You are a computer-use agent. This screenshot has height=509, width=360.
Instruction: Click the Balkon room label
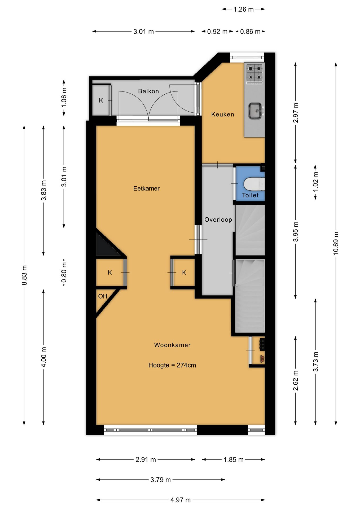pyautogui.click(x=148, y=91)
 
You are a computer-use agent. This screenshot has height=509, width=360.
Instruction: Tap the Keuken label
pyautogui.click(x=223, y=114)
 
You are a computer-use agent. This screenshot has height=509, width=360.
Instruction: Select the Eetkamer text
pyautogui.click(x=146, y=188)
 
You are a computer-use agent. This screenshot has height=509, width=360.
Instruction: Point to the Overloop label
pyautogui.click(x=218, y=220)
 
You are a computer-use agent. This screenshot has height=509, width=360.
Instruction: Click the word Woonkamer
pyautogui.click(x=172, y=345)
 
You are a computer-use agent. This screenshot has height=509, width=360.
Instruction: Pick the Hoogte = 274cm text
pyautogui.click(x=172, y=365)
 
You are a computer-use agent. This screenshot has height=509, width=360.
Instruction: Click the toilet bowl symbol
pyautogui.click(x=254, y=184)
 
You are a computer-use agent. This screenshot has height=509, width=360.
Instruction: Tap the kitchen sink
pyautogui.click(x=256, y=111)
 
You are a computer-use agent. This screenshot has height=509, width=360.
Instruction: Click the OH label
pyautogui.click(x=103, y=296)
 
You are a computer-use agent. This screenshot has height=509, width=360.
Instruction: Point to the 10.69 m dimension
pyautogui.click(x=336, y=243)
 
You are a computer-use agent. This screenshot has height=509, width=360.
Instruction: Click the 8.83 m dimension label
pyautogui.click(x=24, y=275)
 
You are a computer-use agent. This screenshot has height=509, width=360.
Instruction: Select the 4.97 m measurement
pyautogui.click(x=181, y=500)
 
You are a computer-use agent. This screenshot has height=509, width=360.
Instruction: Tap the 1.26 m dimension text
pyautogui.click(x=244, y=9)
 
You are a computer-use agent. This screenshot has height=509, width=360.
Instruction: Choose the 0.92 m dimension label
pyautogui.click(x=217, y=32)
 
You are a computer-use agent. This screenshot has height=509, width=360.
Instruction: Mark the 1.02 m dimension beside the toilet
pyautogui.click(x=315, y=182)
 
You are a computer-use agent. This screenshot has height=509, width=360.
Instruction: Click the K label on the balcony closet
pyautogui.click(x=101, y=100)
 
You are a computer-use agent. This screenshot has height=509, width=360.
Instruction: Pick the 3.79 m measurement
pyautogui.click(x=161, y=480)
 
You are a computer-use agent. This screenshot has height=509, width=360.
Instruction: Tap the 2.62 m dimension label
pyautogui.click(x=296, y=381)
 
